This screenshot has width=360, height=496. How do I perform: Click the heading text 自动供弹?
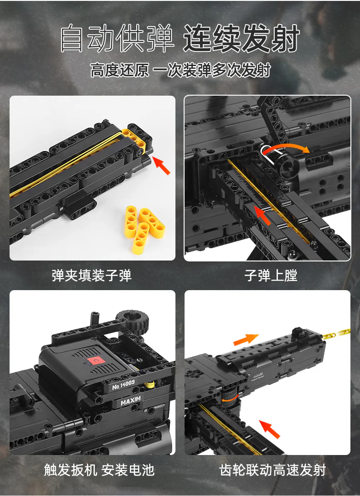point(118,39)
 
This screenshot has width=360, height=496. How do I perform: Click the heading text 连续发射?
point(242,39)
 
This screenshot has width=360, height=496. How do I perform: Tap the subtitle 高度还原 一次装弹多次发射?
point(180,71)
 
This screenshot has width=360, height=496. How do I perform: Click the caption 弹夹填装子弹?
point(92,276)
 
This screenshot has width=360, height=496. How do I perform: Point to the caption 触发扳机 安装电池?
point(99,470)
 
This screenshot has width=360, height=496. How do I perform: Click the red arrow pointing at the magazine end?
point(161,165)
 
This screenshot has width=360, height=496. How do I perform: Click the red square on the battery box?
point(96,361)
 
